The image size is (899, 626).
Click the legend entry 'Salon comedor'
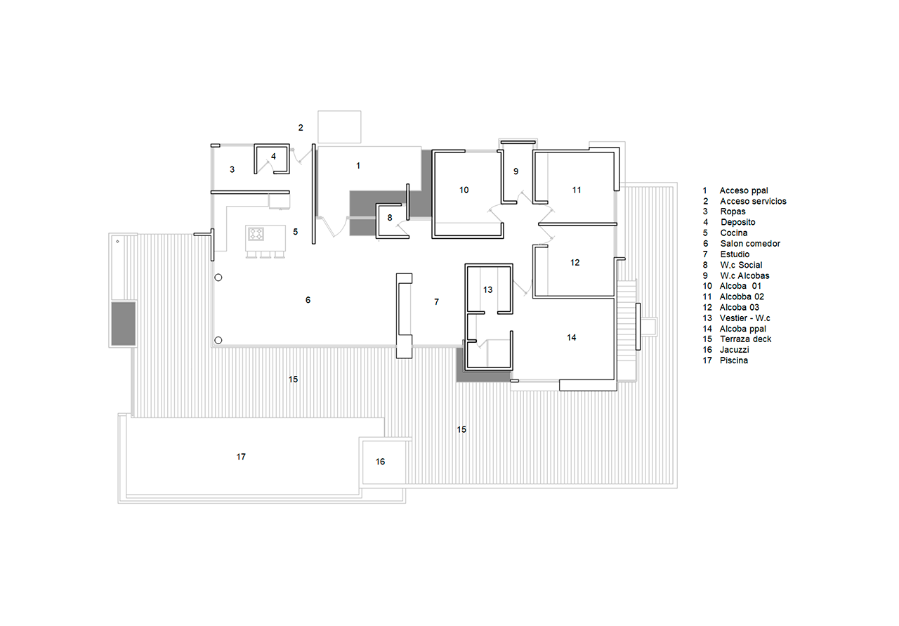click(750, 244)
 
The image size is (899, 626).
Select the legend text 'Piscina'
click(734, 360)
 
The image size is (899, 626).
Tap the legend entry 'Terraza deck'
click(745, 339)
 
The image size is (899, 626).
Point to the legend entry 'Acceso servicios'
click(753, 201)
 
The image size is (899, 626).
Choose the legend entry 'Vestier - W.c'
click(745, 318)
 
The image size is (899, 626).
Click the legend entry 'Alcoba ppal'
click(743, 329)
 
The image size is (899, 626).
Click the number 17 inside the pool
click(241, 457)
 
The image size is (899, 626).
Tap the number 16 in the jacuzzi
click(380, 462)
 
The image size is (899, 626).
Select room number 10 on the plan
click(464, 190)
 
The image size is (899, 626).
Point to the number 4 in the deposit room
click(273, 156)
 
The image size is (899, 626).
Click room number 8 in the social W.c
click(390, 218)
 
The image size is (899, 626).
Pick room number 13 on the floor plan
click(487, 290)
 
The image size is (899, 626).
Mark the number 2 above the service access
click(301, 128)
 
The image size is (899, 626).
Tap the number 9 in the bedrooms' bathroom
click(516, 171)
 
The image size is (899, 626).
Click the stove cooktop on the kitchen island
click(256, 234)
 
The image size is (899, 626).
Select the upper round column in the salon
click(218, 278)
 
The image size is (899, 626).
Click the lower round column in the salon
click(218, 341)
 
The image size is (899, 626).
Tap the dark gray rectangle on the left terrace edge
click(123, 324)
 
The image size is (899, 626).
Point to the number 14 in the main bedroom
click(572, 338)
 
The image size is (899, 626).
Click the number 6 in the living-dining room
click(308, 300)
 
